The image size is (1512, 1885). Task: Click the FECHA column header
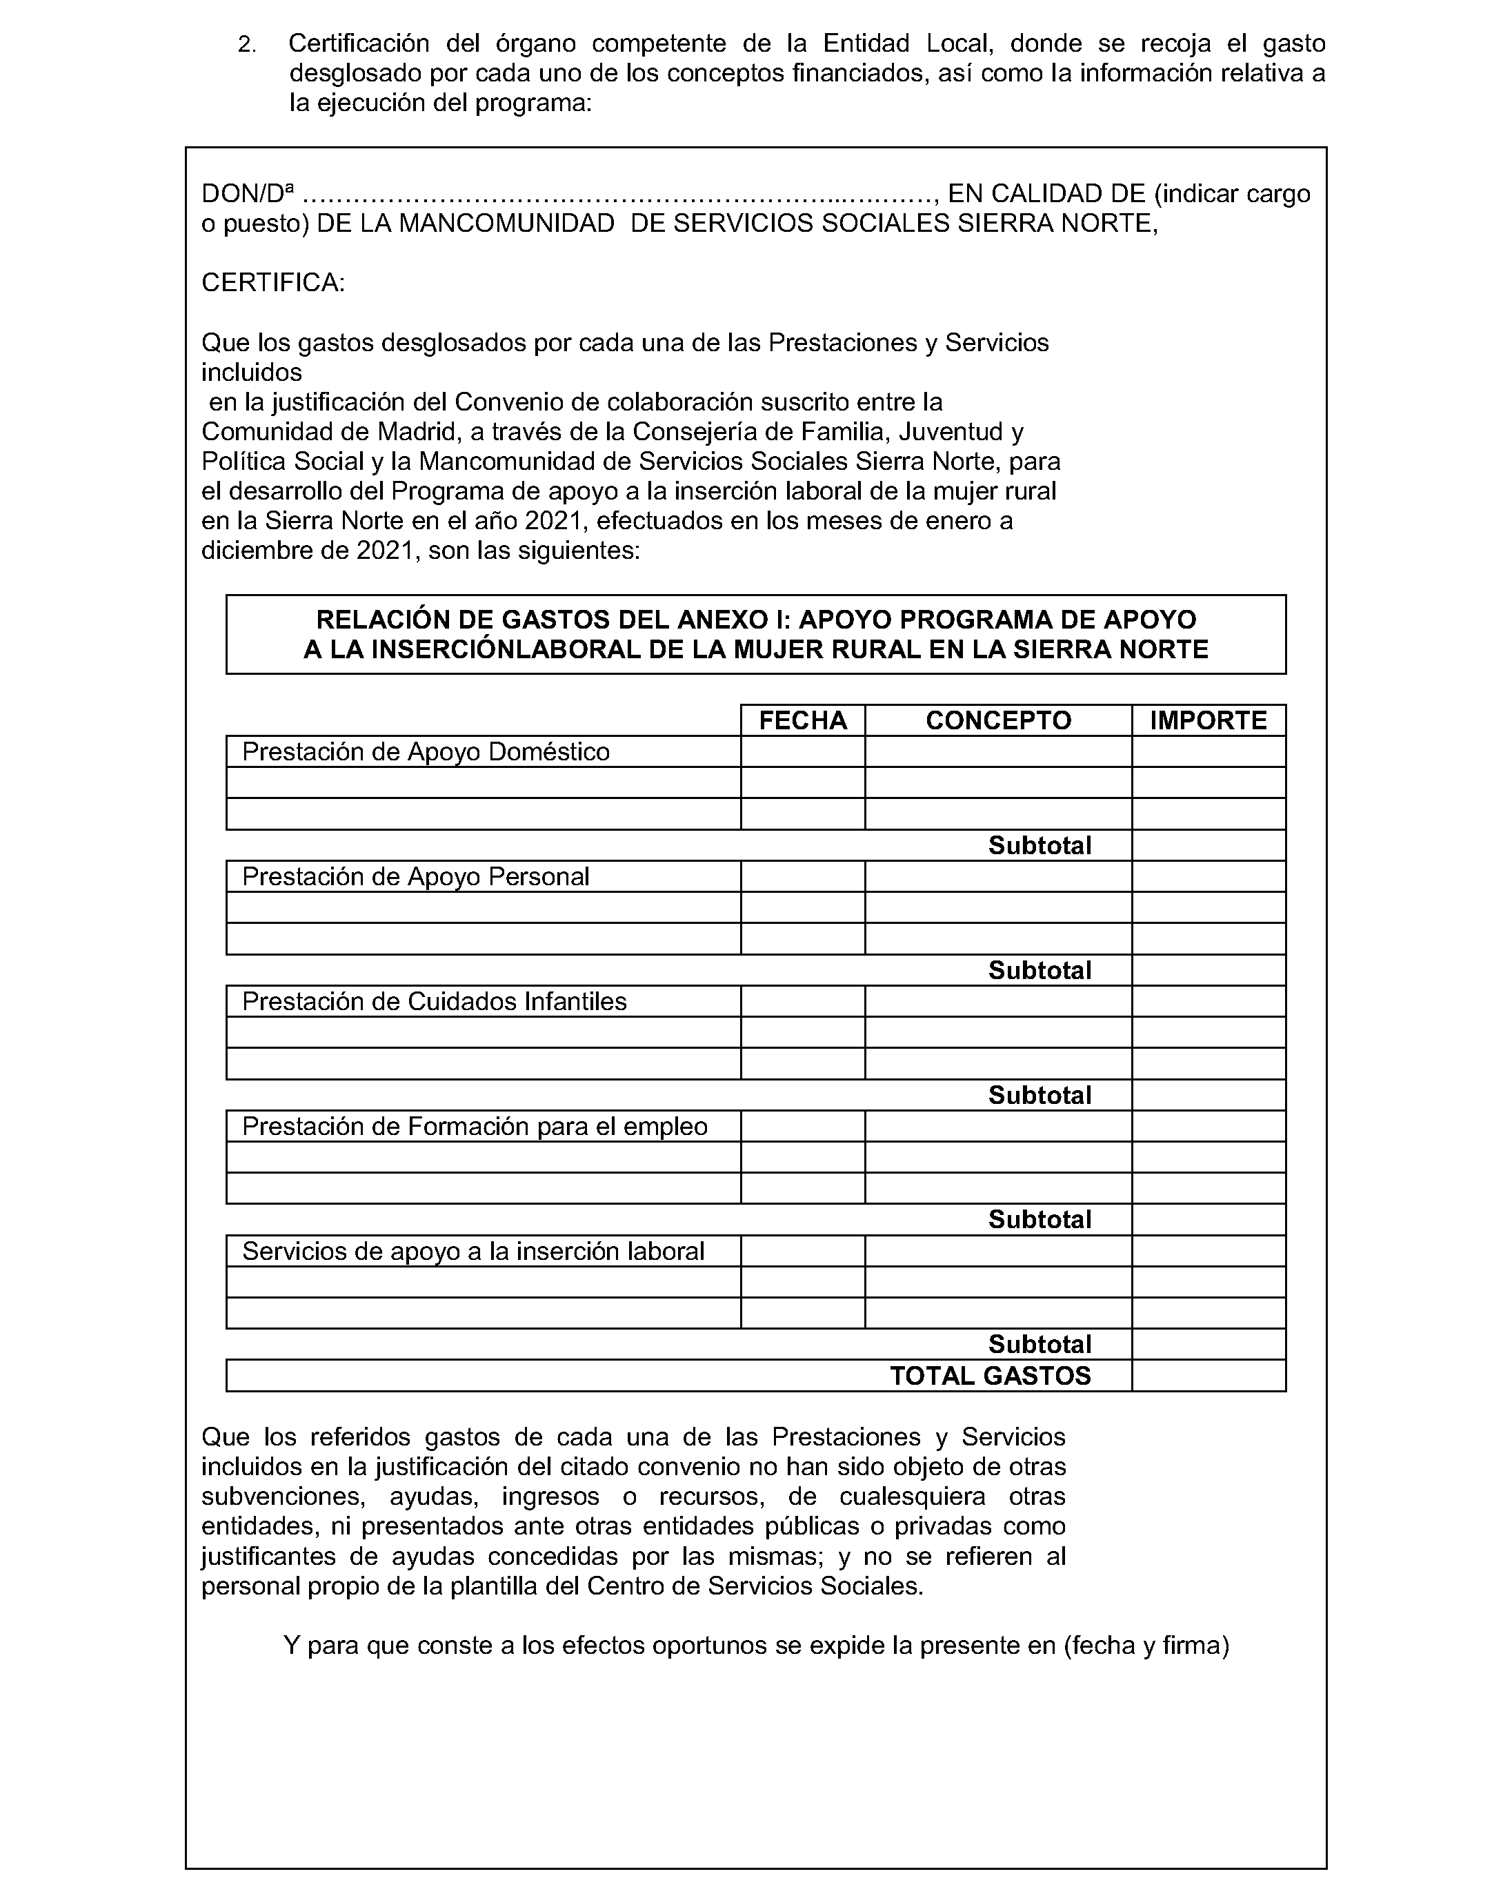click(802, 720)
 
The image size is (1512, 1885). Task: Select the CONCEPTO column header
click(998, 720)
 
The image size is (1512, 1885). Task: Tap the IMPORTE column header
click(1208, 720)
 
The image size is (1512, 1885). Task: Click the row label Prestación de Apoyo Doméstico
click(426, 752)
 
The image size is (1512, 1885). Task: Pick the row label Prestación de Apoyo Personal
click(415, 877)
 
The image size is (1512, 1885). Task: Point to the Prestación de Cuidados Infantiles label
click(435, 1002)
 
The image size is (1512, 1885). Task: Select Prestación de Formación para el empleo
click(475, 1127)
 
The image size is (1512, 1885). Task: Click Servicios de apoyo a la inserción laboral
click(472, 1252)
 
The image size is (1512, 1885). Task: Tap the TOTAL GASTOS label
click(991, 1376)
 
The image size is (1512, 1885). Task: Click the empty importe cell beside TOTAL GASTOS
click(1208, 1376)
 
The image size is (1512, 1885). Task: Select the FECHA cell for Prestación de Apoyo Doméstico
click(802, 752)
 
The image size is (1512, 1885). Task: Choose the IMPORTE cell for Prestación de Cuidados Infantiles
click(1208, 1002)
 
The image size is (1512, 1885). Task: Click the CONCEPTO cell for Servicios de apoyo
click(998, 1252)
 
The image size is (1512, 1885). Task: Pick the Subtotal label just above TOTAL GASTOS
click(1039, 1345)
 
